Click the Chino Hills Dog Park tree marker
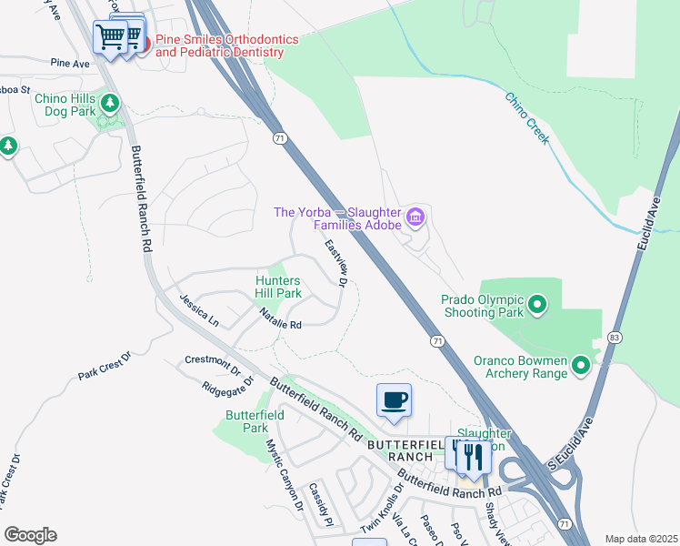[110, 103]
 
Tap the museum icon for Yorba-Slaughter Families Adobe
[415, 217]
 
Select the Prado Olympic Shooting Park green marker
[537, 304]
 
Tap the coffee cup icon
[394, 399]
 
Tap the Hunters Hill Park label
[278, 288]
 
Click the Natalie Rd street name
[280, 318]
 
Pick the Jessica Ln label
[199, 310]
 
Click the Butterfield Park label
[255, 421]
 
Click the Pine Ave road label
[71, 64]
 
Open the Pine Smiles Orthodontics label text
[220, 45]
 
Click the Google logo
[30, 535]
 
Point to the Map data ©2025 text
[639, 539]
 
